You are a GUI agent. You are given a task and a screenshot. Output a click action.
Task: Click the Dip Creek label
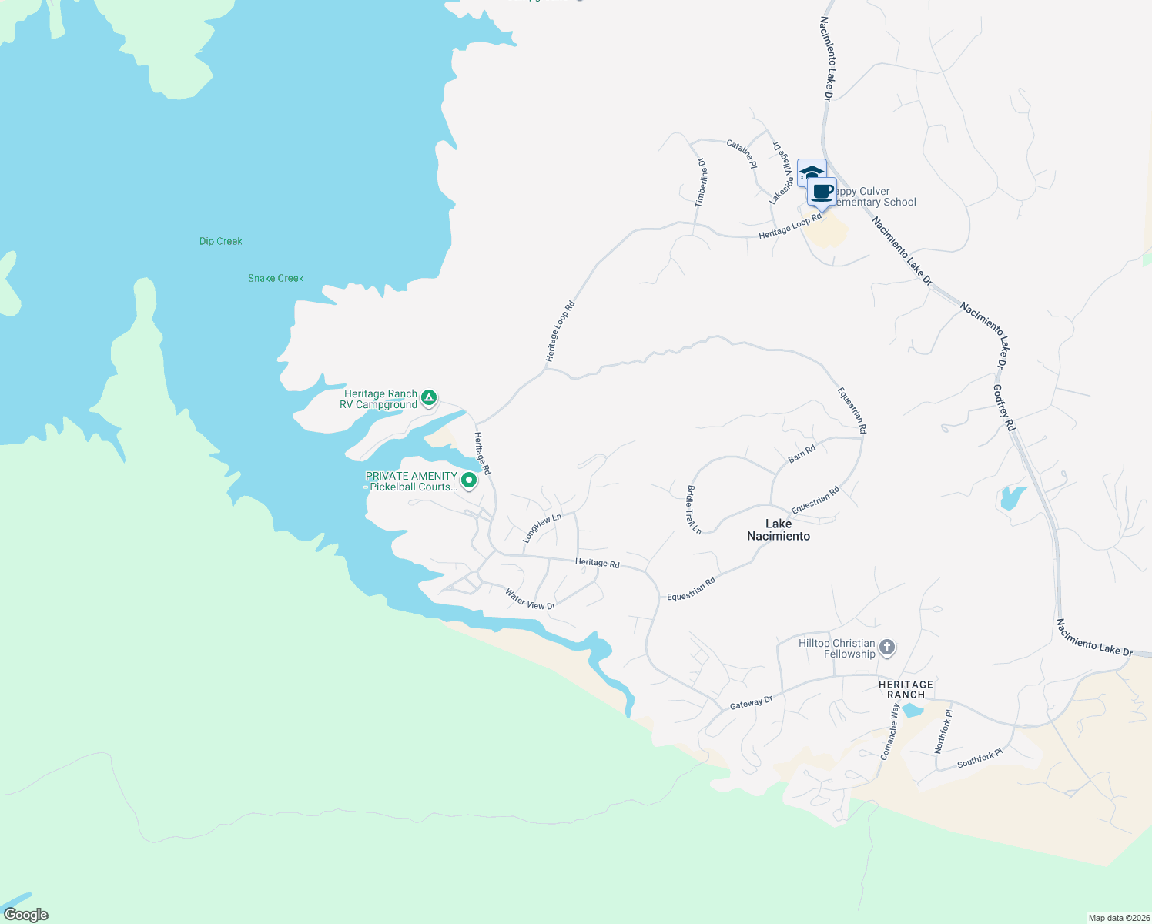[221, 242]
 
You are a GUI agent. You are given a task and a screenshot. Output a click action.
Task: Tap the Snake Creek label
[276, 279]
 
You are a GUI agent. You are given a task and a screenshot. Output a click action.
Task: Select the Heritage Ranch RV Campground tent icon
[429, 398]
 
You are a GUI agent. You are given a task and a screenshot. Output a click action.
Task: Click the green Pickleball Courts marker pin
[468, 480]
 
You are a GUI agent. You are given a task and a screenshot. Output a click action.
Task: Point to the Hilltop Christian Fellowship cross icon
[887, 648]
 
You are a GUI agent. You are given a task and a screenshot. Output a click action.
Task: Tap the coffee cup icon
[822, 192]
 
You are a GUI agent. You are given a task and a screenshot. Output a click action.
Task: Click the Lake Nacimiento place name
[779, 530]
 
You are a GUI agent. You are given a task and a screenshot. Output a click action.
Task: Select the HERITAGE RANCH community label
[906, 689]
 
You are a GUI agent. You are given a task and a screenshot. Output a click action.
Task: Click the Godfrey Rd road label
[1004, 408]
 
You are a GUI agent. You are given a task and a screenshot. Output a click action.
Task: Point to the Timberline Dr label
[701, 182]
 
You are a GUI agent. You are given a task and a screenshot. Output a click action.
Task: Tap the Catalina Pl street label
[742, 154]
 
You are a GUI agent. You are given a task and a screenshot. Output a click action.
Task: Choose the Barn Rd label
[802, 454]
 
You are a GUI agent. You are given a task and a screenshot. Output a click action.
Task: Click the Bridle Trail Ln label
[694, 510]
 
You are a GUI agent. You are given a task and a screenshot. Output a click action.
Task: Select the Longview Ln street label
[542, 528]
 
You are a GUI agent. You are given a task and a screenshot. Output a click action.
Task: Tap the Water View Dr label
[530, 599]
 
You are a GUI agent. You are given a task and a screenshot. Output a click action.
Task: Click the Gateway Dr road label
[751, 702]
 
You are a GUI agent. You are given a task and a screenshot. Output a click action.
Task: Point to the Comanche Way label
[890, 731]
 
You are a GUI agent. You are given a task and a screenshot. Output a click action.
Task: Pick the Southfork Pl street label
[980, 758]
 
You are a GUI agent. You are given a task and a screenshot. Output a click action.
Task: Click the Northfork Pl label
[943, 731]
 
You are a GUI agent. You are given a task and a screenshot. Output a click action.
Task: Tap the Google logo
[26, 915]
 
